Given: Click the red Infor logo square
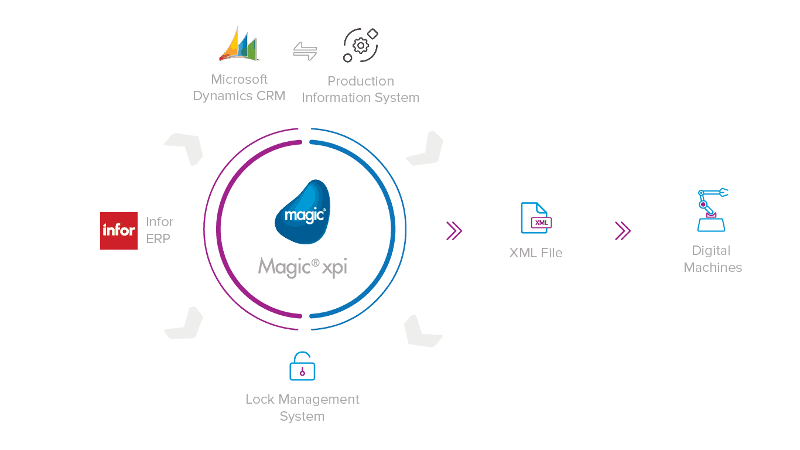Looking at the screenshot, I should [x=119, y=230].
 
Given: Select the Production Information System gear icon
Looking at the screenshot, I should [x=361, y=45].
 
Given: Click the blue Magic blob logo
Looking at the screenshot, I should [x=303, y=212].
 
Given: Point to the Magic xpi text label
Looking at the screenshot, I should [x=303, y=267].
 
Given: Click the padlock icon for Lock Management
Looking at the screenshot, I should [x=302, y=367].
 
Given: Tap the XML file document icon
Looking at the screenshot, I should [x=535, y=218].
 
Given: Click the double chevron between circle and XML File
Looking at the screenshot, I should [x=454, y=231].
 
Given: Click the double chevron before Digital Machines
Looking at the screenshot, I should [x=623, y=231].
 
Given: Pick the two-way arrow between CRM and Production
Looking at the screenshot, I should [x=305, y=51].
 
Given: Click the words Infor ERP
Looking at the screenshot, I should [x=159, y=230].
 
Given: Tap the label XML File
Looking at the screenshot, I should [x=536, y=253].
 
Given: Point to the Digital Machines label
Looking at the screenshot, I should [x=713, y=259].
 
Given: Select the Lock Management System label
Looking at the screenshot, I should [x=302, y=408].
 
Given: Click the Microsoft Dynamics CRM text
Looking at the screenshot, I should [x=239, y=88].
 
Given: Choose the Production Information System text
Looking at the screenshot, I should [x=360, y=90].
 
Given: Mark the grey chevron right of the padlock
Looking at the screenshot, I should [x=422, y=330].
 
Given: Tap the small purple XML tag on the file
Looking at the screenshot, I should [x=541, y=223].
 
